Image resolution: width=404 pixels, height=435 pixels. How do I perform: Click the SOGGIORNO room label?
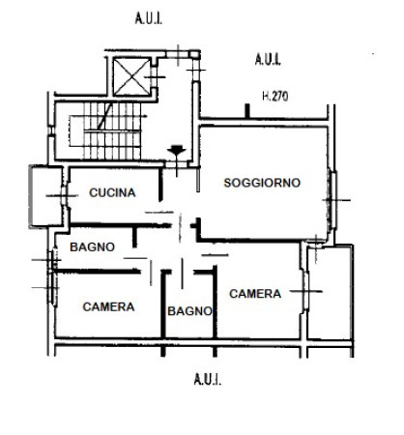[x=262, y=183]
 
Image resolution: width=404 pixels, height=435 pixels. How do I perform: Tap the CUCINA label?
[x=112, y=192]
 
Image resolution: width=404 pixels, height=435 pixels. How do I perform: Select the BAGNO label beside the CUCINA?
[x=92, y=247]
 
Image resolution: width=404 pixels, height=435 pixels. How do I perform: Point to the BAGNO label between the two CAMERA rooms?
[x=189, y=311]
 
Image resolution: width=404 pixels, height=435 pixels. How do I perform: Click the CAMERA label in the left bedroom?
[x=108, y=306]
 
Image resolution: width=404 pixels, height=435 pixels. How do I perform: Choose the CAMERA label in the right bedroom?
[x=255, y=294]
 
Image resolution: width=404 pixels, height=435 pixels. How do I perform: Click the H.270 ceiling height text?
[x=275, y=96]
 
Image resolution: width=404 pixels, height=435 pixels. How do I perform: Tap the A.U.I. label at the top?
[x=149, y=18]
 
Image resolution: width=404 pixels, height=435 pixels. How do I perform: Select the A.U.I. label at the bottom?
[x=208, y=379]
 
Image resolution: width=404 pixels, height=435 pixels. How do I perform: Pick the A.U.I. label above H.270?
[x=268, y=59]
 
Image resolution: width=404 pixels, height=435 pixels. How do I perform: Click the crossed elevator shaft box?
[x=131, y=76]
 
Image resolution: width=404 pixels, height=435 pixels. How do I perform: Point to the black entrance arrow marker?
[x=177, y=150]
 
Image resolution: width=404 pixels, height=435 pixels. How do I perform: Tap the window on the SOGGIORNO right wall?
[x=332, y=200]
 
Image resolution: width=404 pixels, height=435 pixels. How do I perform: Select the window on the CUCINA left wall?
[x=65, y=195]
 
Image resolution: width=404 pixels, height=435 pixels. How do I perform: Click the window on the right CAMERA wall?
[x=304, y=292]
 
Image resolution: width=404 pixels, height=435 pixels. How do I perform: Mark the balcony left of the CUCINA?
[x=45, y=196]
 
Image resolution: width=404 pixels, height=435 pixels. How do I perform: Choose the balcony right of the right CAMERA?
[x=330, y=292]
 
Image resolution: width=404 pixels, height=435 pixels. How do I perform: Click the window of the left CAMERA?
[x=53, y=288]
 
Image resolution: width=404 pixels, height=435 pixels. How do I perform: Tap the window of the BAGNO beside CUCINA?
[x=53, y=259]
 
